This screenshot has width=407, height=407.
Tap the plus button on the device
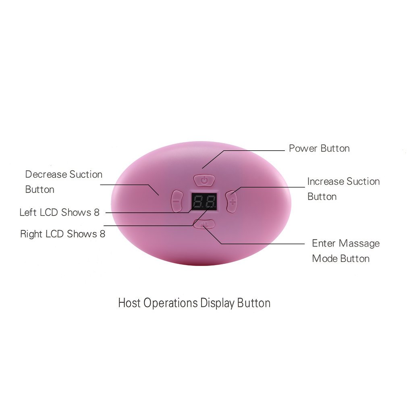click(x=232, y=201)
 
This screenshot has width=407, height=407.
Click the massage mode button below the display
click(x=204, y=224)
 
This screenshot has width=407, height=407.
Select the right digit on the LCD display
click(x=210, y=201)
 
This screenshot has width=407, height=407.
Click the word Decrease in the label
click(x=46, y=174)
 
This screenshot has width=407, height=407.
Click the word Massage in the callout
click(x=359, y=243)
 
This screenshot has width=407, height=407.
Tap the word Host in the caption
click(x=129, y=303)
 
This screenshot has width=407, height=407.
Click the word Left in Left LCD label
click(x=28, y=212)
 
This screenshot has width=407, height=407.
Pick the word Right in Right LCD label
click(x=31, y=234)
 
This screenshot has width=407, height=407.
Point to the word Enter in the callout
click(x=324, y=243)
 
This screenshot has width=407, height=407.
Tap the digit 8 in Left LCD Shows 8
click(x=97, y=212)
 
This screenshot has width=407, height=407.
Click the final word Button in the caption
click(x=253, y=303)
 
